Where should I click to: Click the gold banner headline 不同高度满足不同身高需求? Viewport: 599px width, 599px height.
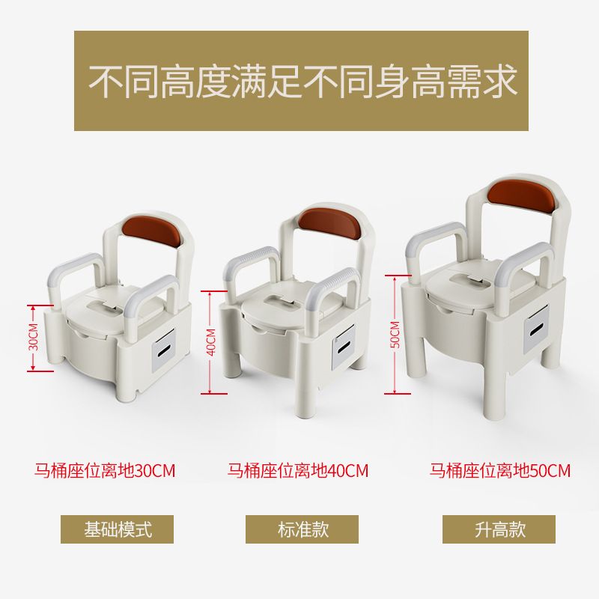click(x=302, y=81)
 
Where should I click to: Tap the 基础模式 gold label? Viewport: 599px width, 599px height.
click(x=118, y=529)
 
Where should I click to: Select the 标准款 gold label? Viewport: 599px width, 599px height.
click(x=302, y=529)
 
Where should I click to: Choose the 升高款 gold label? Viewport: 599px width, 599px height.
click(x=499, y=529)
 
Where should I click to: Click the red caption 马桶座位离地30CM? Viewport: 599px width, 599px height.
click(x=105, y=470)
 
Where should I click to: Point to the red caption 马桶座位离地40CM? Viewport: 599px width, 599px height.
click(x=298, y=470)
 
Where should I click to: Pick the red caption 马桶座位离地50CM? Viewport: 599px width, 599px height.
click(x=499, y=470)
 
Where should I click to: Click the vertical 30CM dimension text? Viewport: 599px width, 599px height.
click(x=34, y=337)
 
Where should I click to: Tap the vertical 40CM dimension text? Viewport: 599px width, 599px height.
click(x=211, y=342)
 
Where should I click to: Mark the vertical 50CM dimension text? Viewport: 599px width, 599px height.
click(x=395, y=335)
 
